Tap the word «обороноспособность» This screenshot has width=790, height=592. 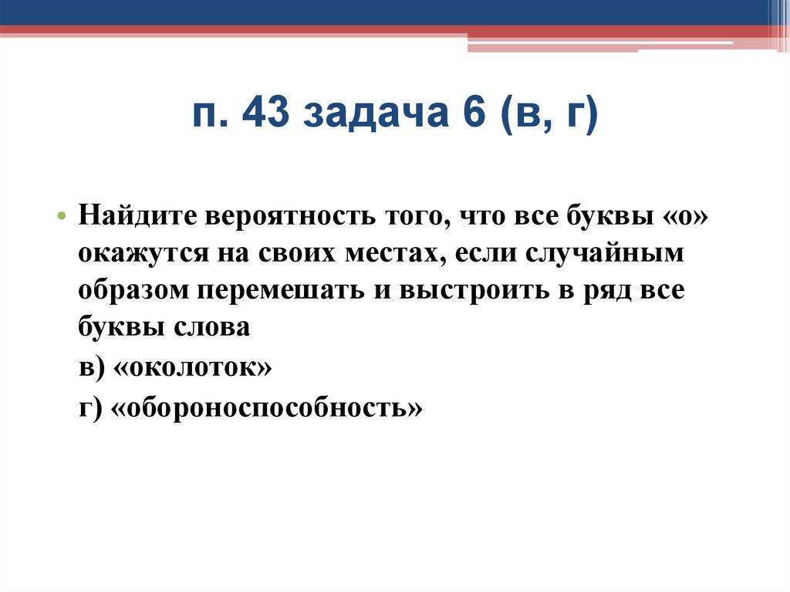coord(269,406)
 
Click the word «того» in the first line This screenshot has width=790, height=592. coord(410,216)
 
